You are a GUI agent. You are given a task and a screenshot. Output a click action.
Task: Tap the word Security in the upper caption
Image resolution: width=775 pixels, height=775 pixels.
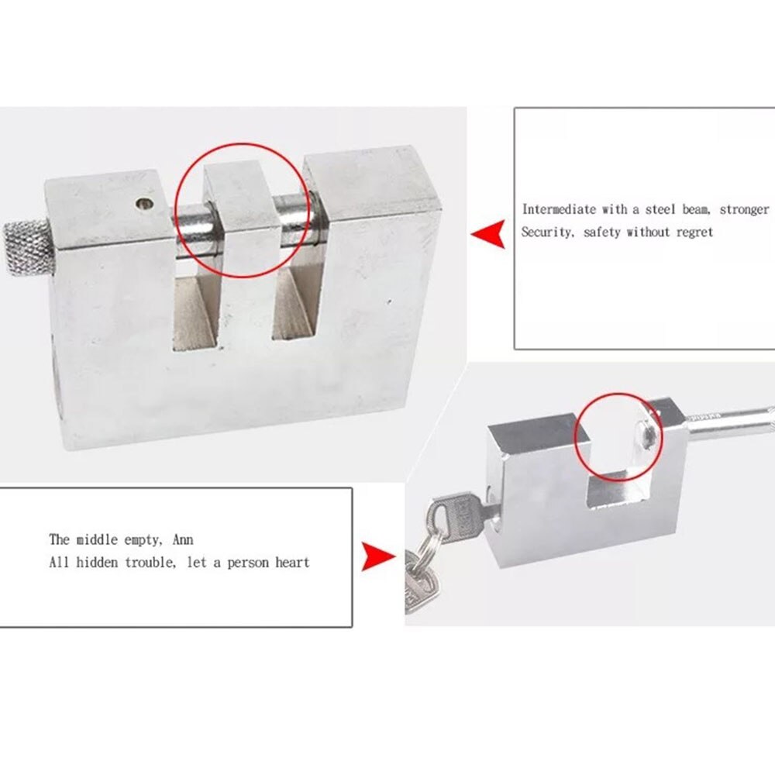(546, 232)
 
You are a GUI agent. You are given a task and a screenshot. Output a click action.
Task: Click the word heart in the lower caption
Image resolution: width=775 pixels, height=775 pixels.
(291, 562)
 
